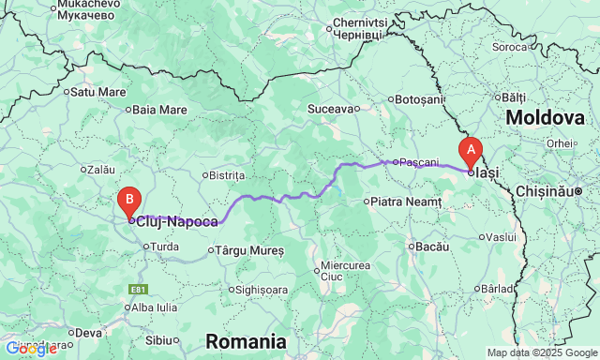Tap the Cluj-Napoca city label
tap(177, 222)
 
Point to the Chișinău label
tap(549, 190)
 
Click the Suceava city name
tap(329, 109)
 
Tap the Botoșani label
tap(418, 98)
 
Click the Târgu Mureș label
tap(250, 250)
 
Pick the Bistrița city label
tap(227, 175)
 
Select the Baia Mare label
tap(159, 109)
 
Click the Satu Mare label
tap(99, 92)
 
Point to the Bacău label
tap(431, 246)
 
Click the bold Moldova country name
tap(545, 118)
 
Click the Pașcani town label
tap(418, 162)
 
